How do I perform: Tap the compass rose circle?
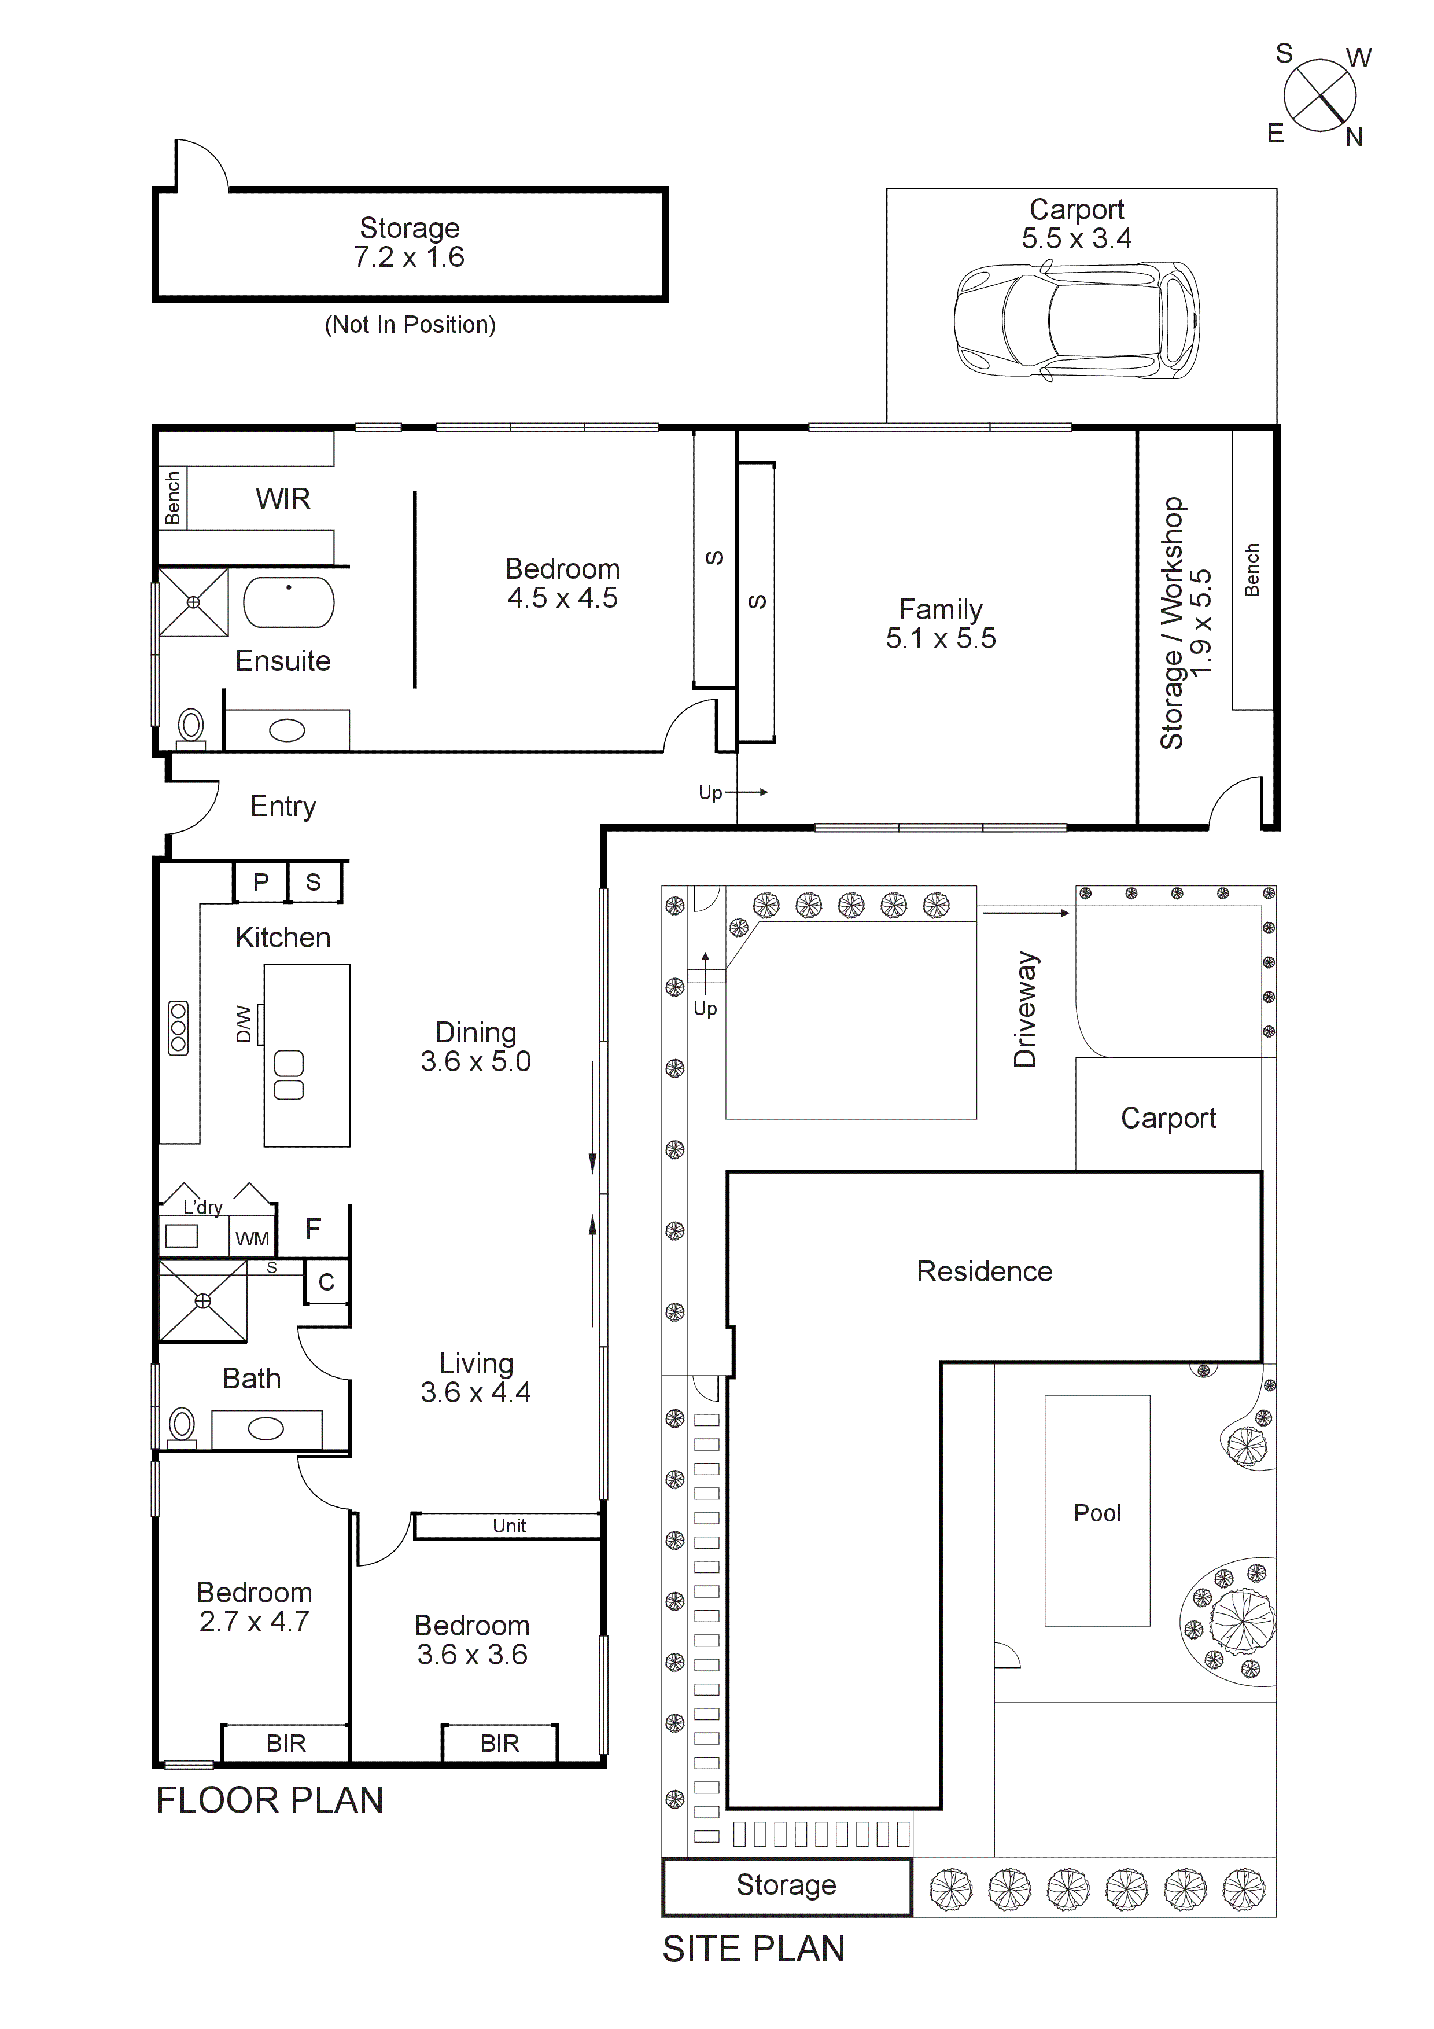click(x=1320, y=95)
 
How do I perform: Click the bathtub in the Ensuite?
click(x=289, y=602)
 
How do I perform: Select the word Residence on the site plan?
click(x=985, y=1271)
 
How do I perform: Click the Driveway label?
click(x=1025, y=1009)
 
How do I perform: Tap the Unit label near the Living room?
click(x=509, y=1526)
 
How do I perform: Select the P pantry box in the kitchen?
click(x=261, y=882)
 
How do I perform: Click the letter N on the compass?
click(x=1354, y=138)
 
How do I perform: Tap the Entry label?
click(x=283, y=806)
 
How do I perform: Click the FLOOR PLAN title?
click(x=270, y=1800)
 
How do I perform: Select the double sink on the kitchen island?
click(x=289, y=1075)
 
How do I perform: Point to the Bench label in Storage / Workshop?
click(x=1251, y=570)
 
